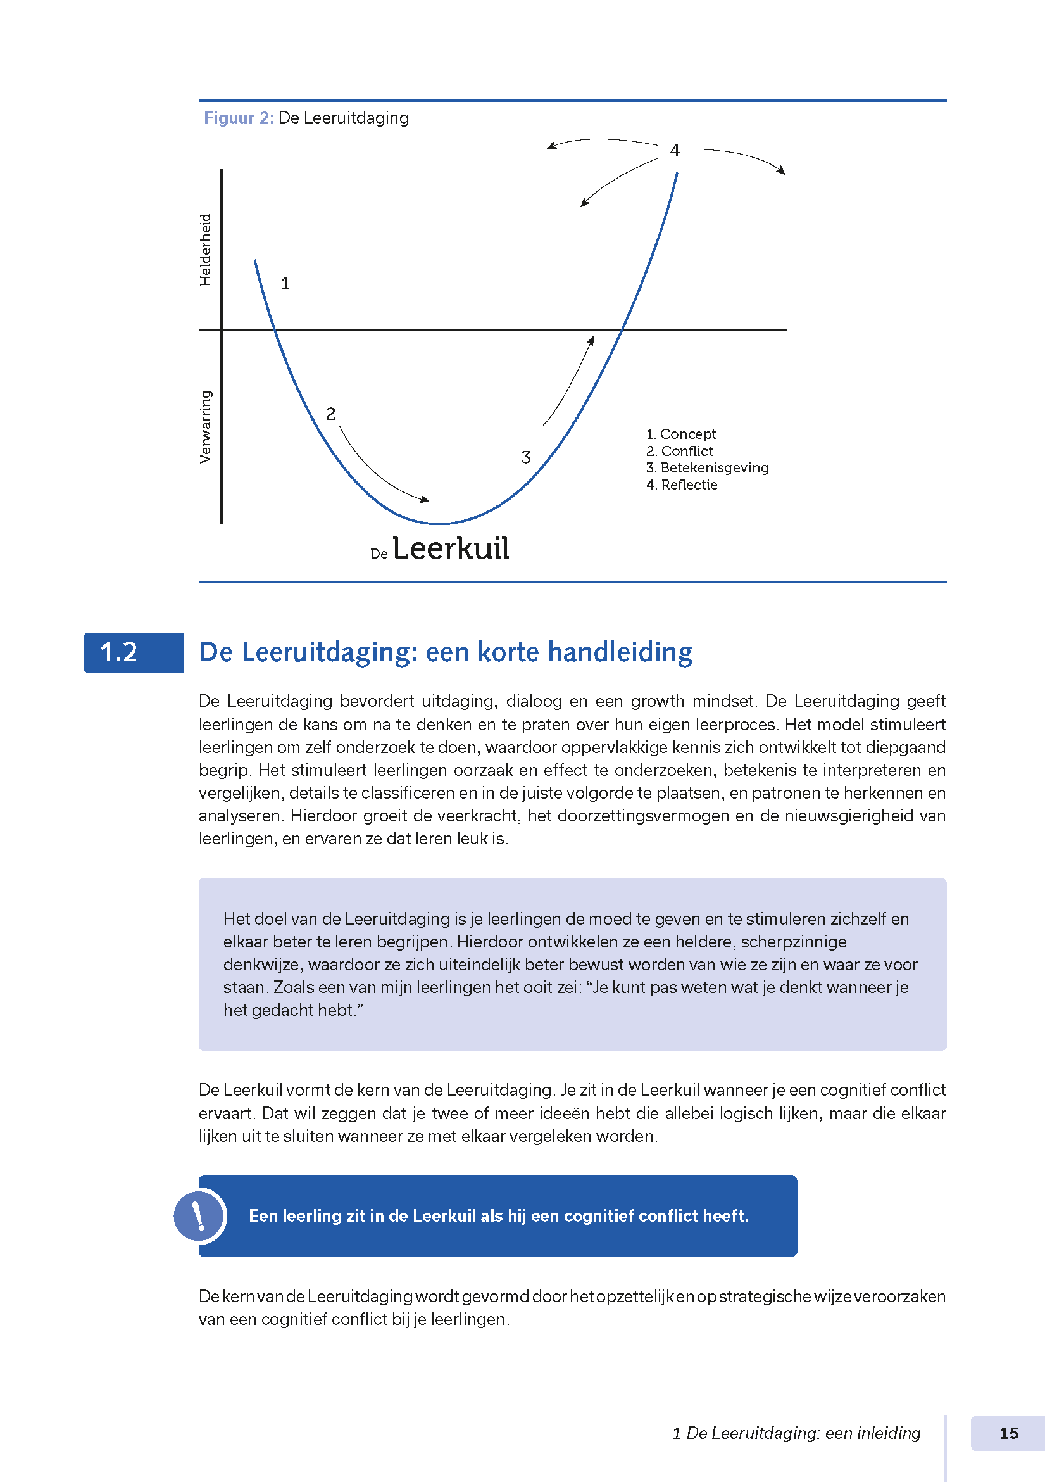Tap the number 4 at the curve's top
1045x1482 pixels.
(675, 151)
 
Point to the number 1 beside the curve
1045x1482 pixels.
(285, 284)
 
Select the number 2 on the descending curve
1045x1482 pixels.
(331, 414)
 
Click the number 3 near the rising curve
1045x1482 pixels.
(526, 458)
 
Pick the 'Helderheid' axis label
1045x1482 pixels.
(205, 250)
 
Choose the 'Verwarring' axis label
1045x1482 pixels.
(205, 427)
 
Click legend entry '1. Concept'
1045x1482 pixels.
(680, 434)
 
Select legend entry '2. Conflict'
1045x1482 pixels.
(679, 451)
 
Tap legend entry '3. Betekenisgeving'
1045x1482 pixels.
(707, 468)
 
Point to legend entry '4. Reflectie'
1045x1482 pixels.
(681, 484)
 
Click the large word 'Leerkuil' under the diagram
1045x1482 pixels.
(451, 549)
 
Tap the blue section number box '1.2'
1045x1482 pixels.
(134, 652)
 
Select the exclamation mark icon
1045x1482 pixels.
(199, 1216)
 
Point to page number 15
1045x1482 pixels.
(1008, 1434)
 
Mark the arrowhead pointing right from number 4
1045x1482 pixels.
(782, 171)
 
